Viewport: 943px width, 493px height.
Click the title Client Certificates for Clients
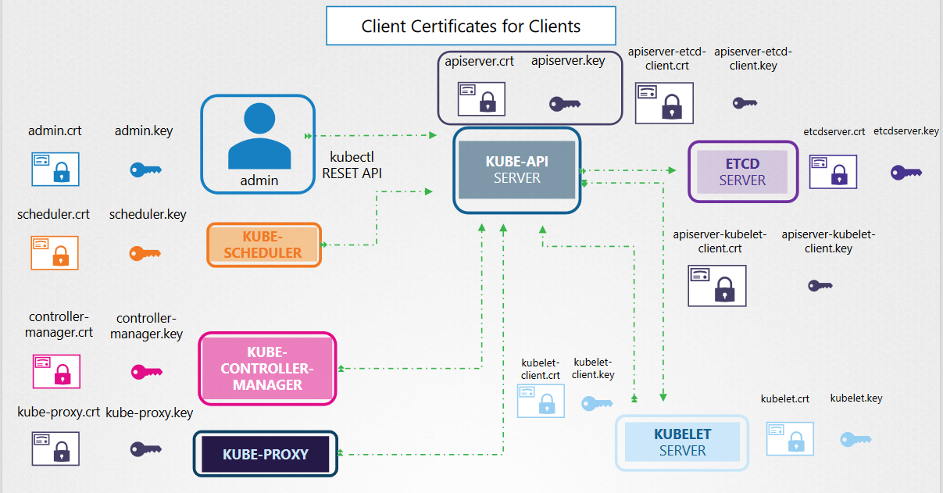(x=470, y=26)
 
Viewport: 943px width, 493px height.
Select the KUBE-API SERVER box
(x=516, y=170)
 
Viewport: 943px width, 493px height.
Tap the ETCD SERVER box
(x=742, y=172)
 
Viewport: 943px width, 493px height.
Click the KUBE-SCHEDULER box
(x=263, y=245)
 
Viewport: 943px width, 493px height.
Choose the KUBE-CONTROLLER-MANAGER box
(x=267, y=369)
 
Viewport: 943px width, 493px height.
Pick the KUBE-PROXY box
(x=265, y=454)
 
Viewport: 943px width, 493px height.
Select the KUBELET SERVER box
(x=682, y=442)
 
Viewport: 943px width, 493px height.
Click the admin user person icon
(x=259, y=137)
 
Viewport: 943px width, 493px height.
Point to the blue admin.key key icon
(x=145, y=170)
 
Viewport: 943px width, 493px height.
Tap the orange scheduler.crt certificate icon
(x=55, y=252)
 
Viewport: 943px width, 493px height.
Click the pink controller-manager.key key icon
(x=146, y=373)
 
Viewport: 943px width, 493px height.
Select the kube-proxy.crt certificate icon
(x=55, y=448)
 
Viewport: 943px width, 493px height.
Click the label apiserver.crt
(x=479, y=61)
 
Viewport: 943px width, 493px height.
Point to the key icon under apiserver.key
(x=564, y=104)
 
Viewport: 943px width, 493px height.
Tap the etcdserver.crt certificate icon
(x=832, y=171)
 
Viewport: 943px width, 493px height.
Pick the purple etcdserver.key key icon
(x=906, y=173)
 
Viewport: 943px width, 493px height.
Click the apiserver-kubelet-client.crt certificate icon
(x=716, y=285)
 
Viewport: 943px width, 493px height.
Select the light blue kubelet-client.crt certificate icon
(x=541, y=401)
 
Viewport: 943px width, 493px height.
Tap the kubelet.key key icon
(x=855, y=440)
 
